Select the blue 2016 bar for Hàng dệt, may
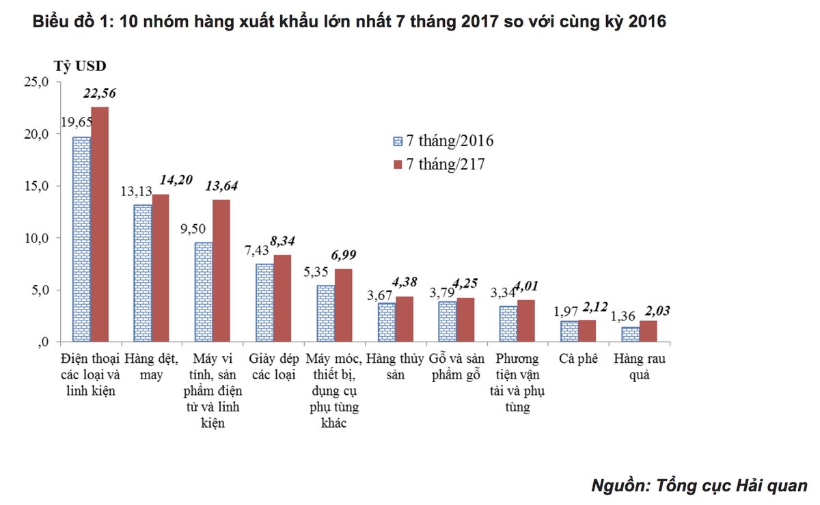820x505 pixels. click(x=142, y=273)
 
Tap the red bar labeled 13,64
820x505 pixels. click(x=221, y=271)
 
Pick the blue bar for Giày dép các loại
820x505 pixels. click(x=264, y=303)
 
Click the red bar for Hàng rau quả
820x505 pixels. click(x=648, y=331)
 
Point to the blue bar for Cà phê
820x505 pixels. click(x=569, y=331)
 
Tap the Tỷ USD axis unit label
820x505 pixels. click(x=79, y=66)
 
